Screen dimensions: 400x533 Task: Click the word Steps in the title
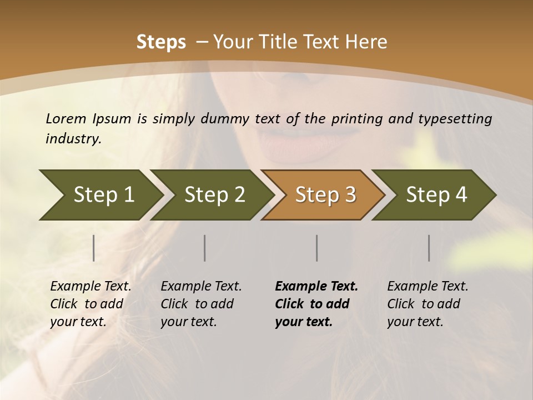[161, 42]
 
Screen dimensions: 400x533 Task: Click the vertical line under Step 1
[94, 248]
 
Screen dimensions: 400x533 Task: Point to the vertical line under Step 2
[205, 248]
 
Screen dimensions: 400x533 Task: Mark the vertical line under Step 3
[317, 248]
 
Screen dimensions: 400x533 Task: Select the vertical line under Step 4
[429, 248]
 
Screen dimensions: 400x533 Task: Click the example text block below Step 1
[90, 304]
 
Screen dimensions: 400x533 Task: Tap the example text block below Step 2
[201, 304]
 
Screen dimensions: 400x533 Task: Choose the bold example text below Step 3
[316, 304]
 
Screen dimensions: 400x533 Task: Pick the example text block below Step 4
[428, 304]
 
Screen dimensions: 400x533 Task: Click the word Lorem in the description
[66, 118]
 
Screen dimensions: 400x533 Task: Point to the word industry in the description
[73, 139]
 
